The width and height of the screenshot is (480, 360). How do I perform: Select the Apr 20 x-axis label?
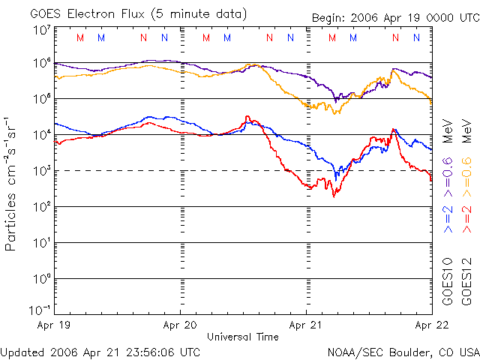coord(180,326)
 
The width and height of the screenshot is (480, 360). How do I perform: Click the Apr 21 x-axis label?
coord(306,326)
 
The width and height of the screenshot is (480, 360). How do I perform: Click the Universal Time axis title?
coord(243,337)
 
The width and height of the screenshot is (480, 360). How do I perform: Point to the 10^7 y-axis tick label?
coord(41,31)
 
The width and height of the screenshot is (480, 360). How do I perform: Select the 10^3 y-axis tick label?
coord(41,171)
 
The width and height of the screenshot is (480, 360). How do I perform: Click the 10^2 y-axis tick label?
coord(41,207)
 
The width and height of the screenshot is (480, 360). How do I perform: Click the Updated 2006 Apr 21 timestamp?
coord(100,352)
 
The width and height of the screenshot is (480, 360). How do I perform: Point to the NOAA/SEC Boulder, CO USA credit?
coord(403,352)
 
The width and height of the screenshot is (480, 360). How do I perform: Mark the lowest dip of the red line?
coord(333,196)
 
